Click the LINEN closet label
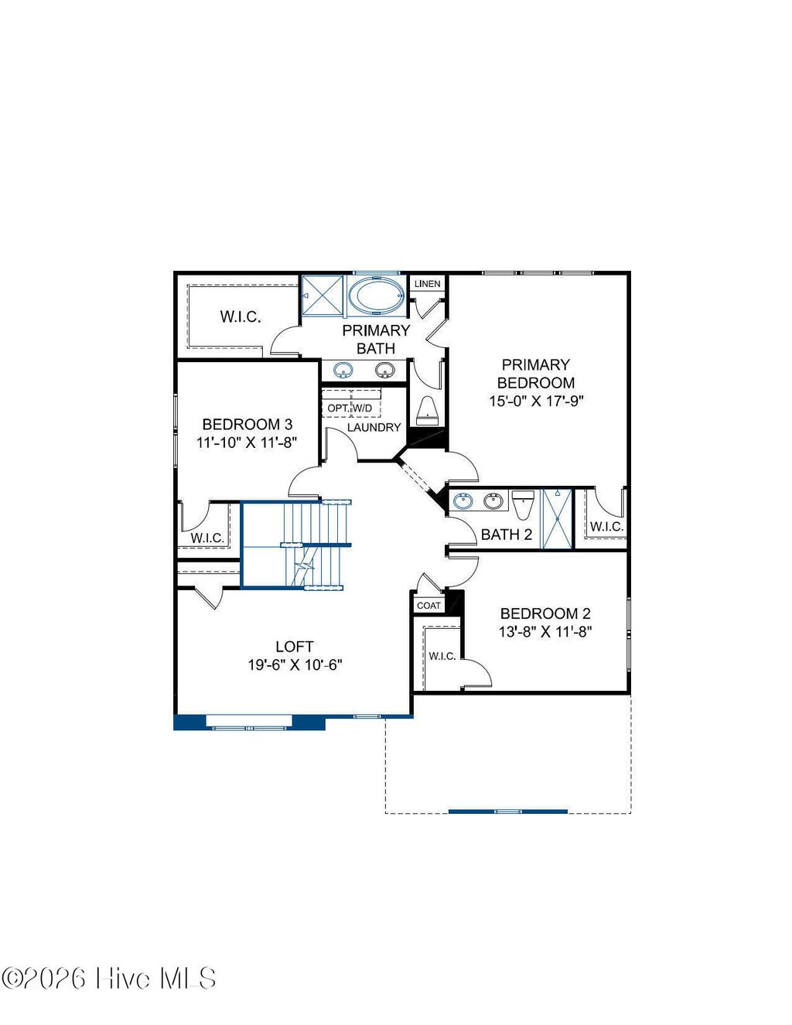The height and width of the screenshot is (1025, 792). (427, 284)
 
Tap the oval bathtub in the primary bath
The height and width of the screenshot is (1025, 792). (375, 296)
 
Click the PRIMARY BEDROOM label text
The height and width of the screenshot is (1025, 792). (535, 373)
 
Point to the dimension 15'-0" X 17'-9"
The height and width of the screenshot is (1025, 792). (535, 401)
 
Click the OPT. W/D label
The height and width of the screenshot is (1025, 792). (350, 408)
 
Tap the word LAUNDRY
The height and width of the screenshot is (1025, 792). (374, 427)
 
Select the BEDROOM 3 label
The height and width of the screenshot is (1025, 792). (247, 424)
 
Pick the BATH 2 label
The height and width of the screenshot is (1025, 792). (506, 534)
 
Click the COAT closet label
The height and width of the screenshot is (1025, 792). (428, 605)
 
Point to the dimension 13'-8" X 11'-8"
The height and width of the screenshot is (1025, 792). (544, 631)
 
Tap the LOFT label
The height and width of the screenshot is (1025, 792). (294, 646)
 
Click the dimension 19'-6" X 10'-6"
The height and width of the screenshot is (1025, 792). (294, 665)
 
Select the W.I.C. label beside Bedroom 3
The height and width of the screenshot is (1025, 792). (207, 538)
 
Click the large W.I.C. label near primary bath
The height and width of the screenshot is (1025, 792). (240, 316)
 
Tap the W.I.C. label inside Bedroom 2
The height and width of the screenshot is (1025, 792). (442, 656)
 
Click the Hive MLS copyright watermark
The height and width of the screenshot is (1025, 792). (108, 979)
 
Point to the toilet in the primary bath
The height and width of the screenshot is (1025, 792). (427, 410)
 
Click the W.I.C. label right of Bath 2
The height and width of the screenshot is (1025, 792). (606, 527)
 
